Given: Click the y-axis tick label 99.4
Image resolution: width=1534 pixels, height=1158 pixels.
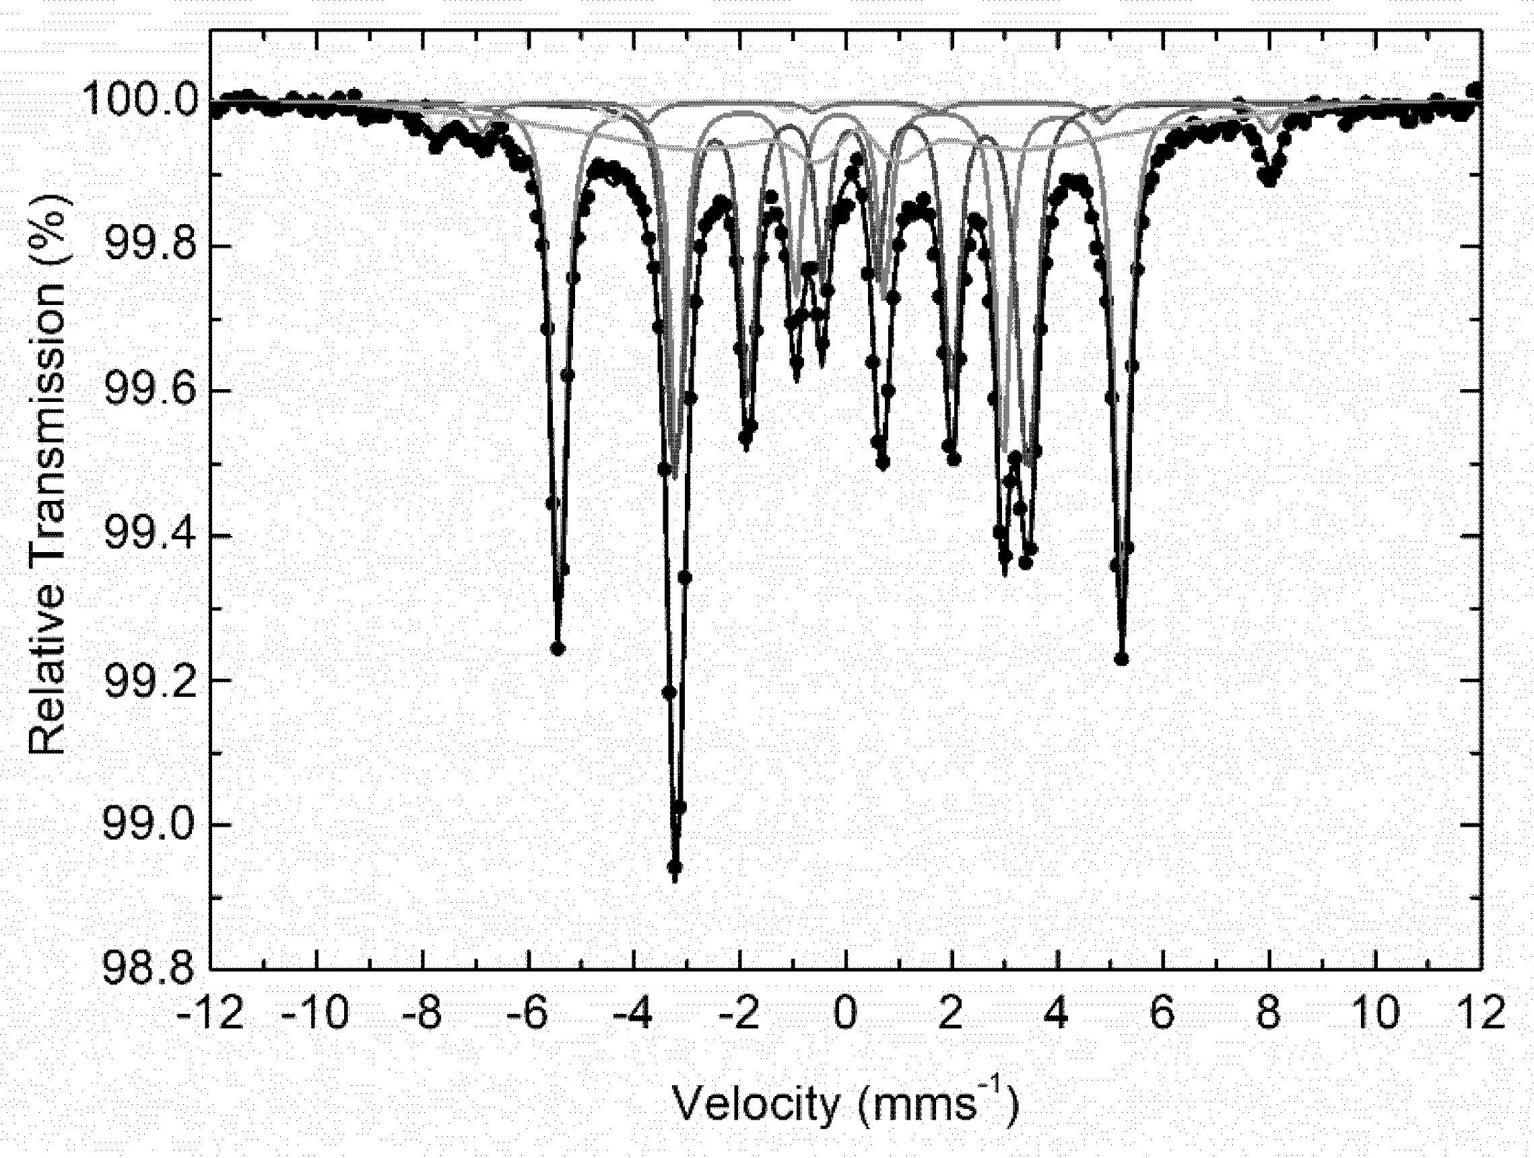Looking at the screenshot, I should pyautogui.click(x=142, y=537).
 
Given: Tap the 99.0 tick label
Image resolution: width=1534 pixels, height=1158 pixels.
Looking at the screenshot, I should pyautogui.click(x=142, y=825).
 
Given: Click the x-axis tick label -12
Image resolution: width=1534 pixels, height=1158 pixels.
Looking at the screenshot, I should pyautogui.click(x=210, y=1014).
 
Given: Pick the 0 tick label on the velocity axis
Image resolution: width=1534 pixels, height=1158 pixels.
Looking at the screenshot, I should pyautogui.click(x=846, y=1014).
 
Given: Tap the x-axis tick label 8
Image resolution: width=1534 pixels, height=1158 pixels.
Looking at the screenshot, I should pyautogui.click(x=1269, y=1014).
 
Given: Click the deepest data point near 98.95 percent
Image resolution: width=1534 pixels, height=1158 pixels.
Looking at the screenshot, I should pyautogui.click(x=674, y=867).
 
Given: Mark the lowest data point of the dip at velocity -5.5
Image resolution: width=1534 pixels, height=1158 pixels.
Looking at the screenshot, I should pyautogui.click(x=558, y=649).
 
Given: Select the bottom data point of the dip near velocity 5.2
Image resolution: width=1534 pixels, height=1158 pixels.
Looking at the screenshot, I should pyautogui.click(x=1121, y=658).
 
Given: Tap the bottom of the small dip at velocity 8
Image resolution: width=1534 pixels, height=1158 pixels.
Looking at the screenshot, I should pyautogui.click(x=1269, y=180).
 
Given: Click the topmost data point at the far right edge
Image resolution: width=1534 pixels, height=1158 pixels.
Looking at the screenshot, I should pyautogui.click(x=1475, y=90).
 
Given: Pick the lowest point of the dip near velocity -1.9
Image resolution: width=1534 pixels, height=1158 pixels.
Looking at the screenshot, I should pyautogui.click(x=745, y=438).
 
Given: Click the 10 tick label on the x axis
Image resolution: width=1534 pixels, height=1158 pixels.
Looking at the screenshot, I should pyautogui.click(x=1375, y=1014).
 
